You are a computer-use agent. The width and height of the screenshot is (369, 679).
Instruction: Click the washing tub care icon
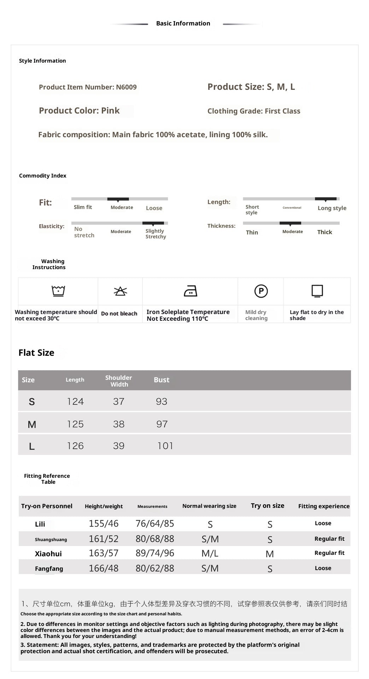[x=58, y=291]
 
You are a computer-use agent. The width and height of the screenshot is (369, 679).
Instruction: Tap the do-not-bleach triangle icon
[x=121, y=291]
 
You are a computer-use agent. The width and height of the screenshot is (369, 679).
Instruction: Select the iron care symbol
[x=191, y=291]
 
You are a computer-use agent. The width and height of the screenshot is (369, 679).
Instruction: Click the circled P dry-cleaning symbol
[x=261, y=291]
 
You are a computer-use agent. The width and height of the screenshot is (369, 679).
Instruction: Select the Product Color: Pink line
[x=79, y=111]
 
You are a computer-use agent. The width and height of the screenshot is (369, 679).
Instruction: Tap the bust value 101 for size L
[x=165, y=446]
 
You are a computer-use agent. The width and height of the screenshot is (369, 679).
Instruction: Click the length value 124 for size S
[x=75, y=401]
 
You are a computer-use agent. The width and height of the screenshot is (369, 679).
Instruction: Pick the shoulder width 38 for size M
[x=119, y=424]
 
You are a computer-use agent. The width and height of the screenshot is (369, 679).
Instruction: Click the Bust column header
[x=162, y=380]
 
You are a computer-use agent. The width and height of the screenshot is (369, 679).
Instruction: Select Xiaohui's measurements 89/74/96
[x=155, y=553]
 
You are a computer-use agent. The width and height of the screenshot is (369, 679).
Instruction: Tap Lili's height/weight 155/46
[x=104, y=524]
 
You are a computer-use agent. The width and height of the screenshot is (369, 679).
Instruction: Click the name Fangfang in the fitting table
[x=49, y=569]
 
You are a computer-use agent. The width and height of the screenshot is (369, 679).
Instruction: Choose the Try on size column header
[x=268, y=506]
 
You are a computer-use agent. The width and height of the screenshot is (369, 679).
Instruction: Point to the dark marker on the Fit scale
[x=118, y=199]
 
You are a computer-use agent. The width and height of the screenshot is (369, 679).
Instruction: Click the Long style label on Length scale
[x=332, y=208]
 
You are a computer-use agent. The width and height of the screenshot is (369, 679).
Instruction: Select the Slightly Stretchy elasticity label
[x=156, y=234]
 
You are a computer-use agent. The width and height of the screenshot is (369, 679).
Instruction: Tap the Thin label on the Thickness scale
[x=252, y=232]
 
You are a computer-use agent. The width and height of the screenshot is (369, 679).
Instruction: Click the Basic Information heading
[x=183, y=23]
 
